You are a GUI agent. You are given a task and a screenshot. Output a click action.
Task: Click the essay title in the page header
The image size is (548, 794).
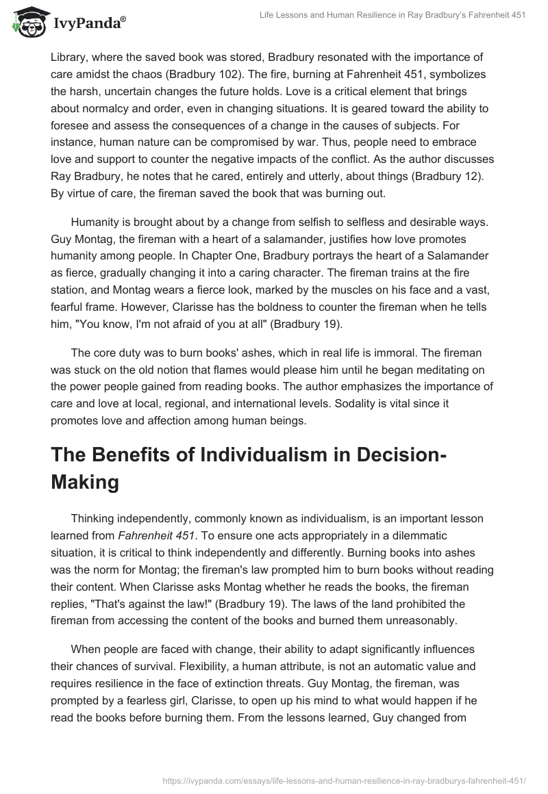393,16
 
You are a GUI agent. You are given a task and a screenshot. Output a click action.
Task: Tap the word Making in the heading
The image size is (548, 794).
85,483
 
